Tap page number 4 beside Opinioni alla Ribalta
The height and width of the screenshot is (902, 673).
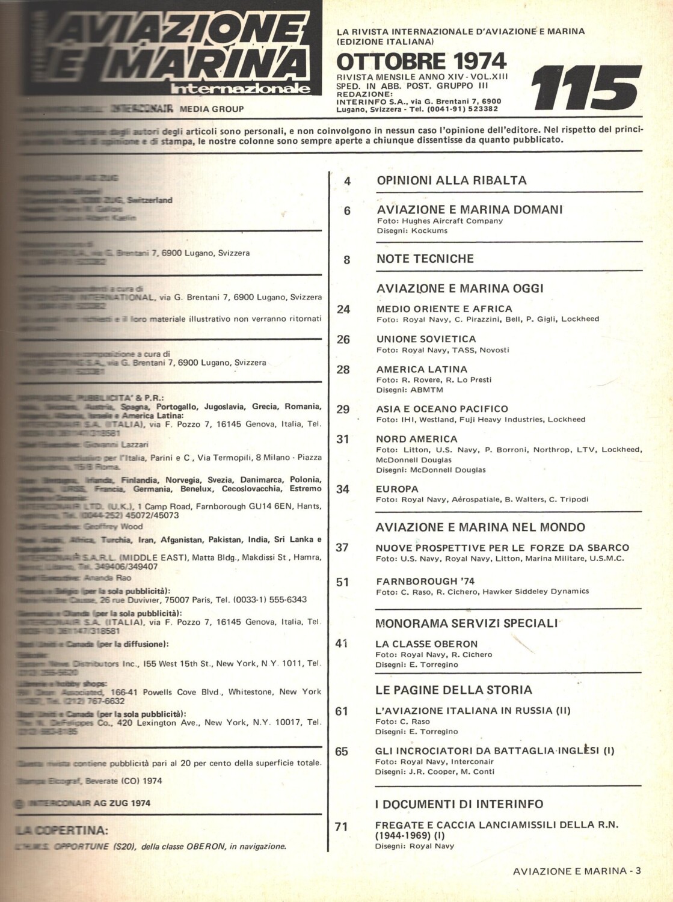pyautogui.click(x=347, y=180)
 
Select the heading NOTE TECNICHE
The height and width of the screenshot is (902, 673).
pyautogui.click(x=425, y=259)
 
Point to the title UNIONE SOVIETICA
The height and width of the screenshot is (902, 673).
pyautogui.click(x=426, y=339)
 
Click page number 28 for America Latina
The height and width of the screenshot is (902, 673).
pyautogui.click(x=343, y=369)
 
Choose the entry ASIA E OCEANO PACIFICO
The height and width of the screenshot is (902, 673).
pyautogui.click(x=442, y=409)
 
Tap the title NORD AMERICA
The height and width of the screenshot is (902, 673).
pyautogui.click(x=417, y=439)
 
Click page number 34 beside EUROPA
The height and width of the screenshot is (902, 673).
pyautogui.click(x=343, y=489)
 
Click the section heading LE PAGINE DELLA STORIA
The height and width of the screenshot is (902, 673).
pyautogui.click(x=454, y=689)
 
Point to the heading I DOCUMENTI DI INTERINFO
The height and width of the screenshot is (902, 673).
pyautogui.click(x=459, y=804)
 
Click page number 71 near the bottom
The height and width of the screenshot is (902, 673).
pyautogui.click(x=342, y=827)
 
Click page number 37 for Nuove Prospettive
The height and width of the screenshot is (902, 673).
pyautogui.click(x=343, y=548)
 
